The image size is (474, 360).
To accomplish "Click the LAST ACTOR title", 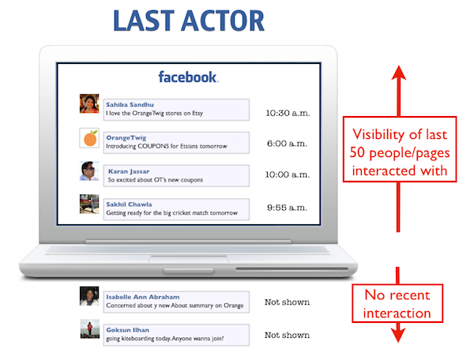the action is point(189,21).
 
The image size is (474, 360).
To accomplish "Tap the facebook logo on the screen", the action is point(188,77).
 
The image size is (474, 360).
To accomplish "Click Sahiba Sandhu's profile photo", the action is point(89,103).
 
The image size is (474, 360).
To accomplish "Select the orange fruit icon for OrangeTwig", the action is point(89,138).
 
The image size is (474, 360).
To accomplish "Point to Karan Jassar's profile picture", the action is point(89,171).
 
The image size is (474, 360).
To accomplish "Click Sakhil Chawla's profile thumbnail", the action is point(89,204).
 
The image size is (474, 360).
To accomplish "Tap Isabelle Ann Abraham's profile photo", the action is point(89,296).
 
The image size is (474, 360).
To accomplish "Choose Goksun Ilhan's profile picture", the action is point(90,329).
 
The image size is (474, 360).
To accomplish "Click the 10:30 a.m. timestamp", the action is point(288,113).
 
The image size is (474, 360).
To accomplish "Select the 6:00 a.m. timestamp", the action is point(287,144).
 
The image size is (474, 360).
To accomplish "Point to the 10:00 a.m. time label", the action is point(288,174).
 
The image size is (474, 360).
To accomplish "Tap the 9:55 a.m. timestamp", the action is point(287,208).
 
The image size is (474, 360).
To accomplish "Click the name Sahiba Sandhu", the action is point(130,104).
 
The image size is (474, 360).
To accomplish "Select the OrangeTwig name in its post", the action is point(126,137).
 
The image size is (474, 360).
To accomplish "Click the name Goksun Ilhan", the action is point(127,330).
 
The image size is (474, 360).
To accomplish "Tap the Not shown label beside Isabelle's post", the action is point(288,302).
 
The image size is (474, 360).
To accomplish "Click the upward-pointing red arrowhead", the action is point(399,73).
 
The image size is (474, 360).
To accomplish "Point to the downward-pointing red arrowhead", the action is point(398,335).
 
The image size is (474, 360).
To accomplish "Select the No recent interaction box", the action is point(397,303).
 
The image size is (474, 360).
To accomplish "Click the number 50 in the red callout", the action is point(357,152).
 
